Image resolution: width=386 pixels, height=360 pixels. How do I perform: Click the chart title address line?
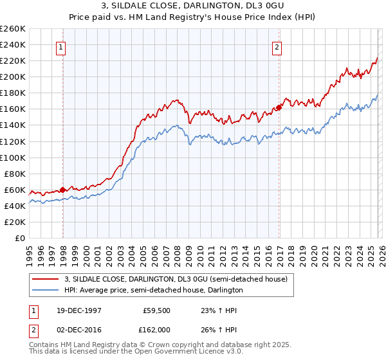coord(192,6)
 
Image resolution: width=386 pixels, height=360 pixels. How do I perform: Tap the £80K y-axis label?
coord(15,174)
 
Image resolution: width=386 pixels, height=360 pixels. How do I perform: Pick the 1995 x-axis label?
coord(30,252)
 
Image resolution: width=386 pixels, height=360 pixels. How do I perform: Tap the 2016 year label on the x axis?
coord(268,252)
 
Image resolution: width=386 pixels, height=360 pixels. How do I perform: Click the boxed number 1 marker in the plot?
coord(60,47)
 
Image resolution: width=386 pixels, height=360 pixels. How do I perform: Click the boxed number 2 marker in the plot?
coord(277,47)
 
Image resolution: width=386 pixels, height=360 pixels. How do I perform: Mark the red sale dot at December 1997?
coord(63,190)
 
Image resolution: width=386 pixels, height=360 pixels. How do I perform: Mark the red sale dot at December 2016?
coord(279,107)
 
